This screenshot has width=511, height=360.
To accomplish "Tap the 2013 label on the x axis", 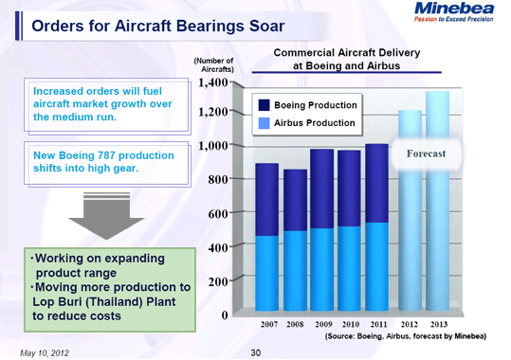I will pyautogui.click(x=437, y=324).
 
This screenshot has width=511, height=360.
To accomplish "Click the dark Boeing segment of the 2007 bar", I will pyautogui.click(x=267, y=199).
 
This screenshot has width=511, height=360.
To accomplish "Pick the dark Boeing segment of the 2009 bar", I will pyautogui.click(x=322, y=189).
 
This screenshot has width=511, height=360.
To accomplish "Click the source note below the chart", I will pyautogui.click(x=405, y=336).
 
